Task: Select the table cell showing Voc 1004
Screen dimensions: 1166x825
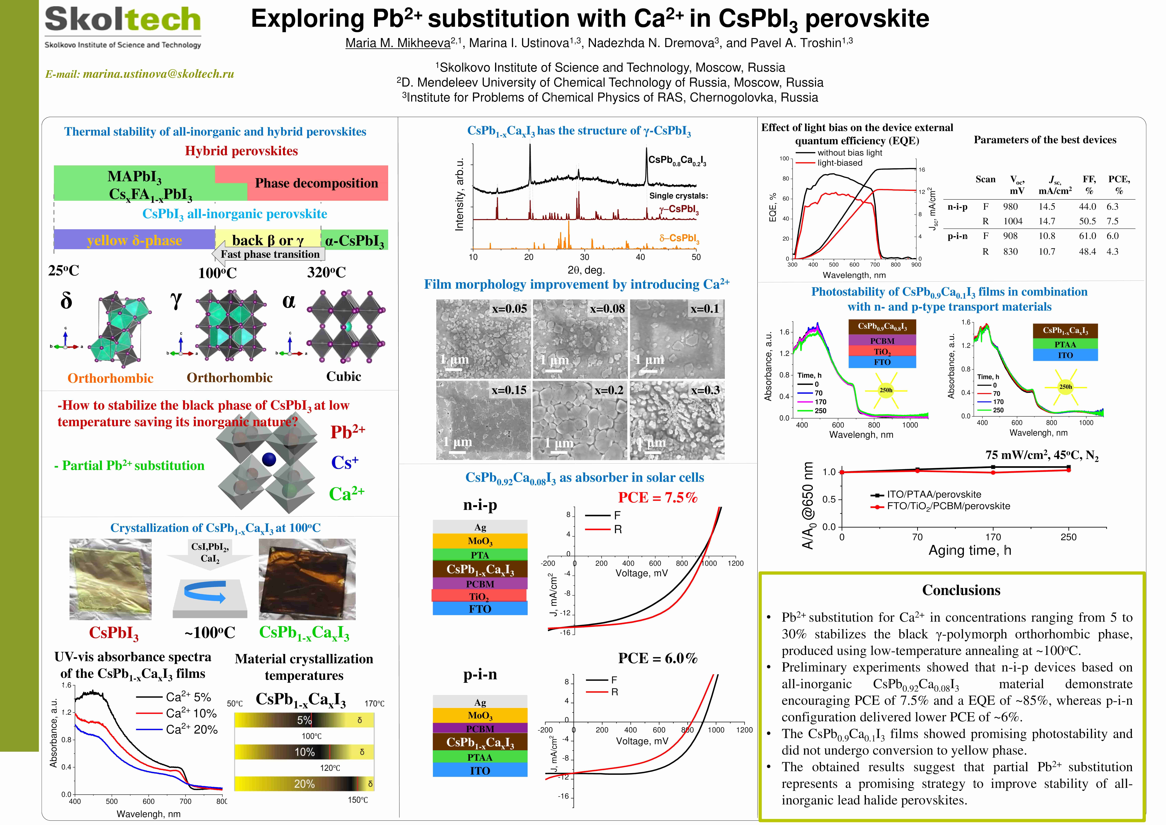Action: click(1013, 221)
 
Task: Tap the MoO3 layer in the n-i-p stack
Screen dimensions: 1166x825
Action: click(480, 541)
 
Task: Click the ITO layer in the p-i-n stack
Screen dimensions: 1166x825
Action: click(480, 770)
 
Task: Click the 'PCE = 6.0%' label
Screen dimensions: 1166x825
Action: click(658, 658)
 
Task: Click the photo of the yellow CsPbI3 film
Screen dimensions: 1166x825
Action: click(110, 579)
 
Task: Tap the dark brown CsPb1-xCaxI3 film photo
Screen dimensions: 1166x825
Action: click(307, 579)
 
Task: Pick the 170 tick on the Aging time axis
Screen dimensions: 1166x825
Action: click(993, 537)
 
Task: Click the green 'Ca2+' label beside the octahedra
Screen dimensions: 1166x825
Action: click(347, 493)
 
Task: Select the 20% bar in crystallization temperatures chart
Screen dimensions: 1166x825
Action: click(304, 784)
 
